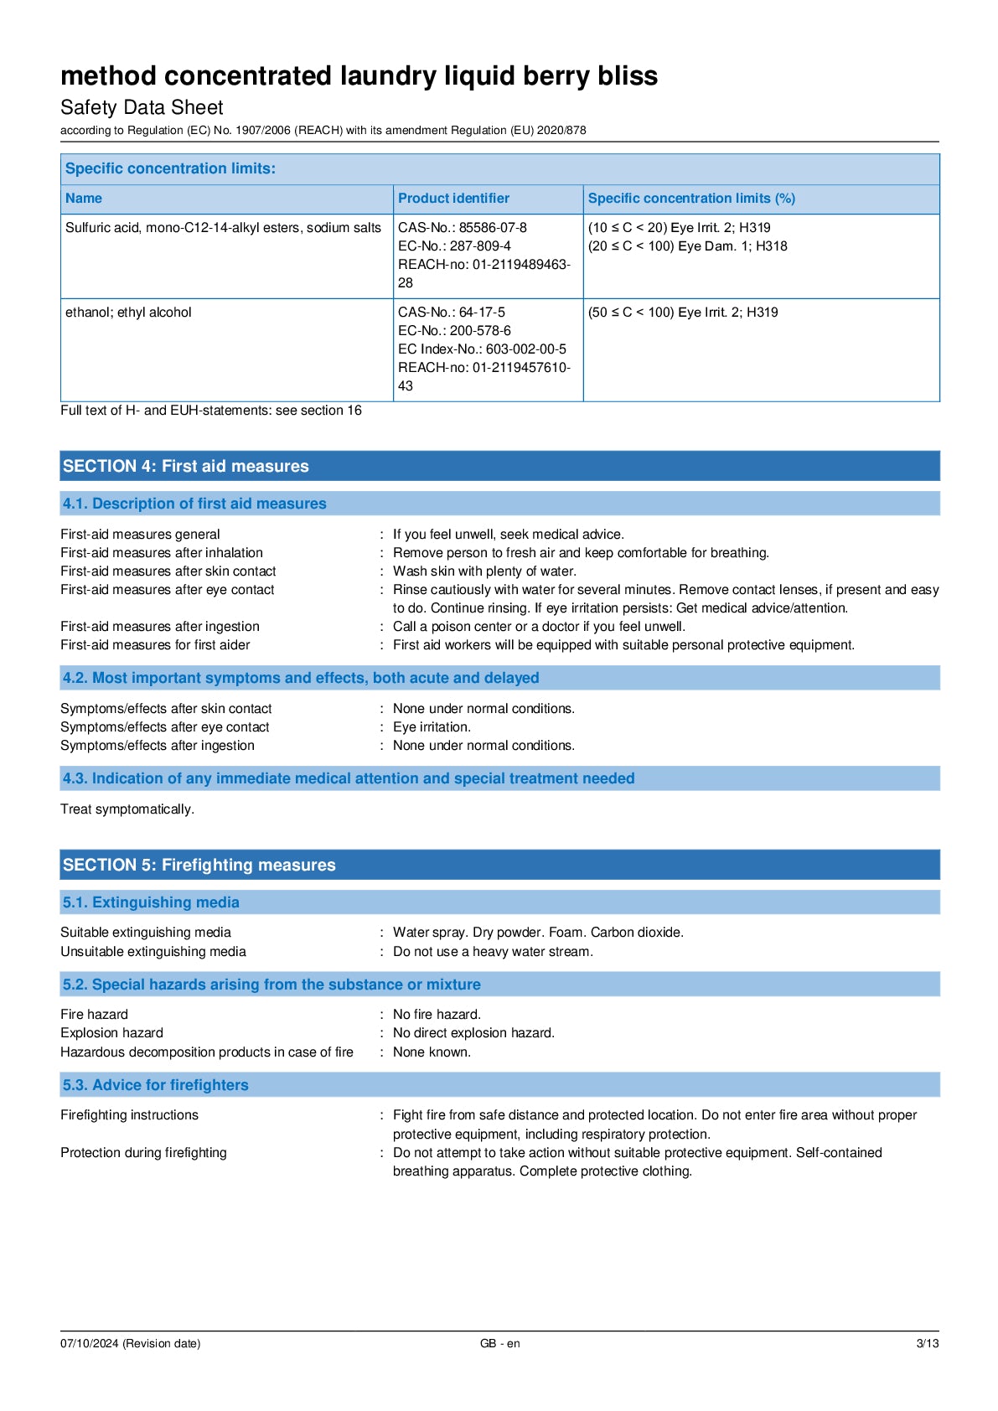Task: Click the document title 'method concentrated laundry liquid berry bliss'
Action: [x=359, y=76]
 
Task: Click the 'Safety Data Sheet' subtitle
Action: [x=142, y=107]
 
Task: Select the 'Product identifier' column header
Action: [x=453, y=199]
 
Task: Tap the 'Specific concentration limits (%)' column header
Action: [x=691, y=199]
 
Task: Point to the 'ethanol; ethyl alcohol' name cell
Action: [x=128, y=313]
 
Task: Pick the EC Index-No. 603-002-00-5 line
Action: [x=482, y=349]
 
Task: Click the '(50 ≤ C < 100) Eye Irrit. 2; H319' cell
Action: [x=683, y=313]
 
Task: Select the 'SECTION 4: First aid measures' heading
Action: [x=186, y=466]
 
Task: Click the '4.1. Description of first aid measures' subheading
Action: [x=194, y=504]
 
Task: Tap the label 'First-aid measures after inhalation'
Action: [x=162, y=553]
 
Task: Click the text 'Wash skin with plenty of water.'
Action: [x=484, y=571]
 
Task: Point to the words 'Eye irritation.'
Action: [x=432, y=727]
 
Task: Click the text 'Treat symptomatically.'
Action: [x=127, y=809]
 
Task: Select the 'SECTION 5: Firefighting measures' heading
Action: [x=199, y=865]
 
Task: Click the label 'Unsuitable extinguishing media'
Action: [x=153, y=952]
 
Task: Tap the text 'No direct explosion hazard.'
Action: [x=473, y=1033]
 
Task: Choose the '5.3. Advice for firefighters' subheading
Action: [x=156, y=1085]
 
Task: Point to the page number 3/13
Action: [x=927, y=1343]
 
